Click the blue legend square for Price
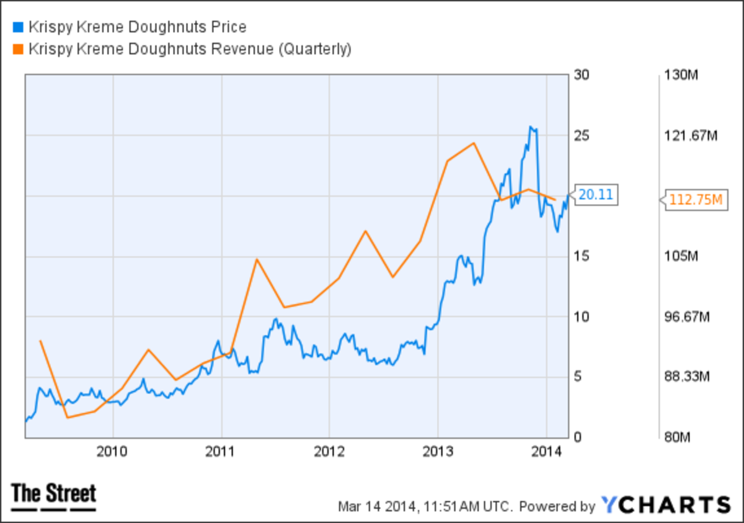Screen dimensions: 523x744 [x=17, y=27]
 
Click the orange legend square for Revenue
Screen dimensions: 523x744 [x=17, y=49]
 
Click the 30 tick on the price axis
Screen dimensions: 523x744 [x=580, y=75]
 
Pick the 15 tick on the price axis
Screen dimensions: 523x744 [x=580, y=256]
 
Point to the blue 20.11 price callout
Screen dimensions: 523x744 [x=595, y=195]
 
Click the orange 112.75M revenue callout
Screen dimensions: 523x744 [x=696, y=199]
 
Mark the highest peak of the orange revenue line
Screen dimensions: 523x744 [x=474, y=143]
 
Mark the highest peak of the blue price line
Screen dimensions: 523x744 [x=531, y=127]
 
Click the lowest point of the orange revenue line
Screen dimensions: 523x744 [x=67, y=418]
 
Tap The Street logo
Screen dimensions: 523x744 [x=54, y=496]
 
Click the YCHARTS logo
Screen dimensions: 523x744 [x=666, y=504]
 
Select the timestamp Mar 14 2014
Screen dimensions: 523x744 [x=378, y=506]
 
